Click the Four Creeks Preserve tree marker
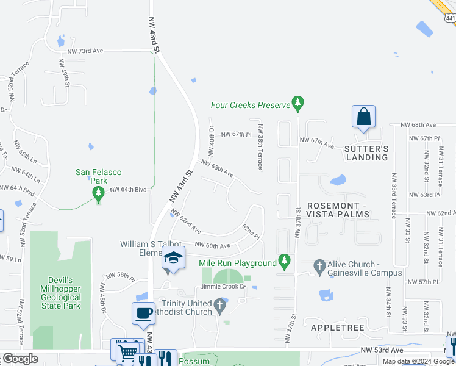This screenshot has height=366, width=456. [297, 104]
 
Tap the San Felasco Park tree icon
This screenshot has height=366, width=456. [98, 194]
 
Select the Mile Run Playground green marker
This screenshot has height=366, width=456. [283, 262]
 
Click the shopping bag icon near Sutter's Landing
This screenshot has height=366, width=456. [363, 117]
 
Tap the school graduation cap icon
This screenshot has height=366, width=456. [173, 259]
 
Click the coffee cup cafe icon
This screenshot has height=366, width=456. [143, 314]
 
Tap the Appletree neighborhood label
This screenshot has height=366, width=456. [337, 328]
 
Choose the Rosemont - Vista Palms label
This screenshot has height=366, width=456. [338, 210]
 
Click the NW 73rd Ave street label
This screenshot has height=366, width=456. [86, 51]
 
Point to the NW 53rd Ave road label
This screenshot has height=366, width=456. [382, 350]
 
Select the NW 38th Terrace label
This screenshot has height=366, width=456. [260, 147]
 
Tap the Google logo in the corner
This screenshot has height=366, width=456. [20, 359]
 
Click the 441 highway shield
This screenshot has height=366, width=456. [450, 18]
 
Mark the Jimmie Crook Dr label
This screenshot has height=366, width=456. [223, 286]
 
